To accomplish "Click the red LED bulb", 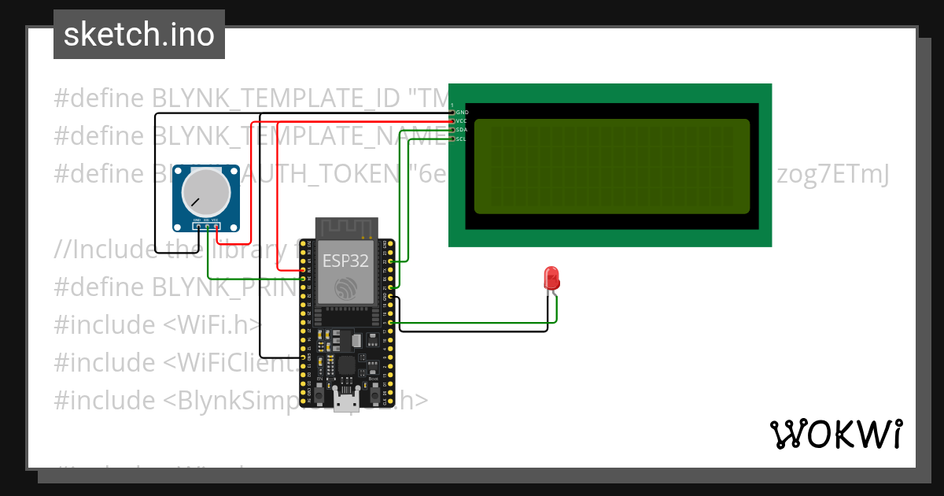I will (552, 278).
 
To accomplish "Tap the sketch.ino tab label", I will (139, 35).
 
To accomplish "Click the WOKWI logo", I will (835, 434).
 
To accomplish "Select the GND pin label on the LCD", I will (463, 113).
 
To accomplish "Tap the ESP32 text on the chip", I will (345, 262).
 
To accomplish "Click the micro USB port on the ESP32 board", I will (346, 401).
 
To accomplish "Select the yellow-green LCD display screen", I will (612, 166).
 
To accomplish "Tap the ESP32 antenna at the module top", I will (345, 228).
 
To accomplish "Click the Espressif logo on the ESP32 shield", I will (345, 288).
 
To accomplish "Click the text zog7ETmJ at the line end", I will (832, 174).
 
